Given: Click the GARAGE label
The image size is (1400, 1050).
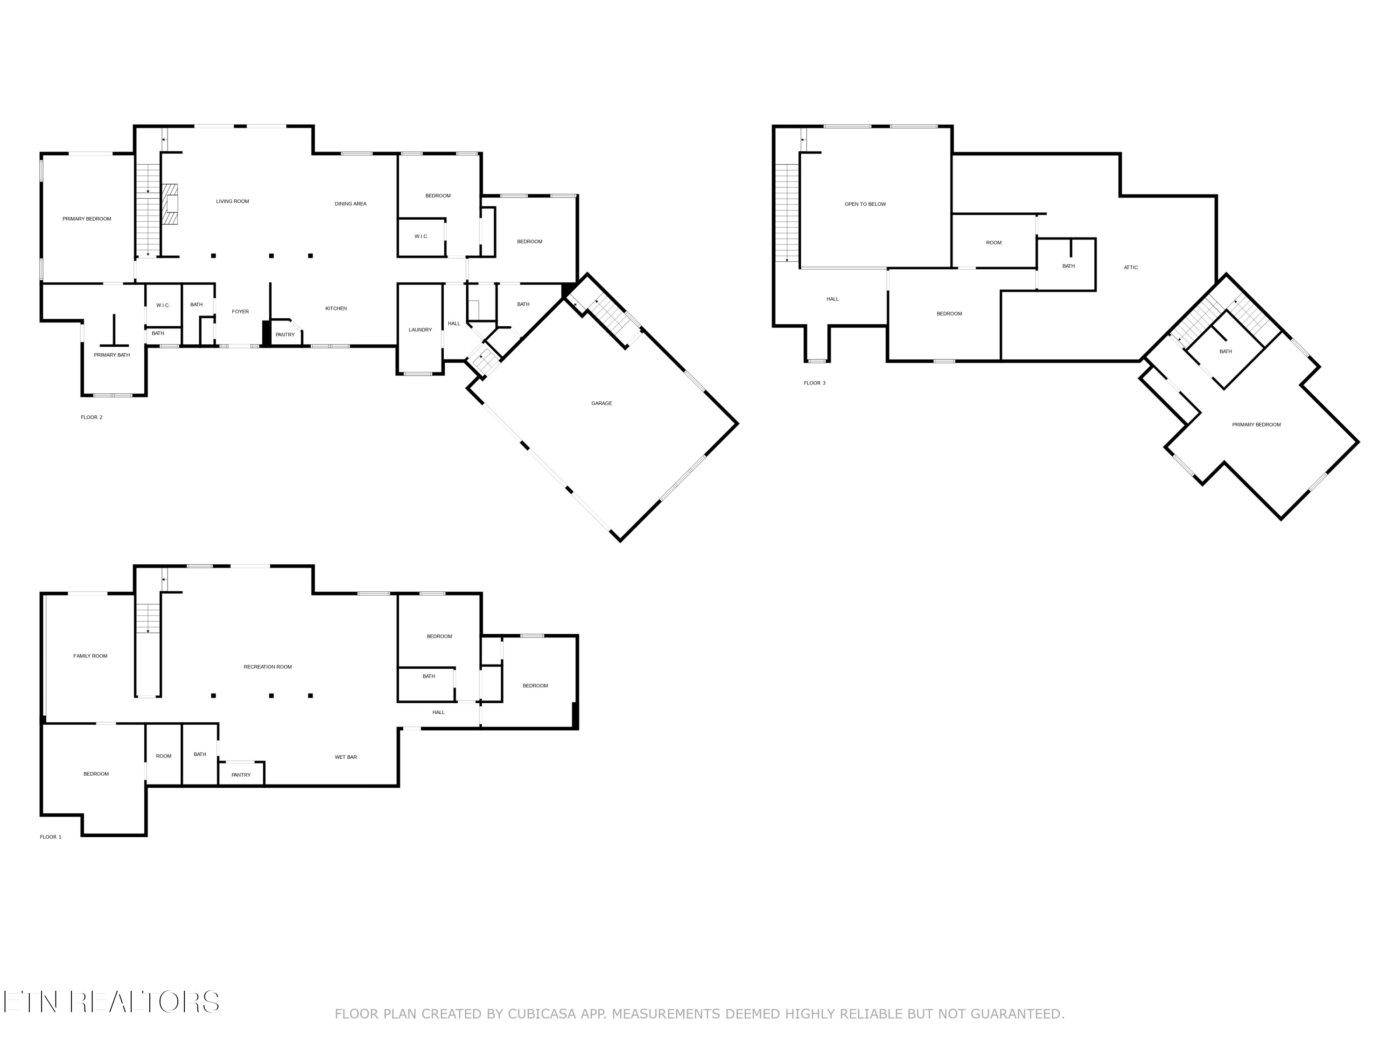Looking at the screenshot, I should [601, 403].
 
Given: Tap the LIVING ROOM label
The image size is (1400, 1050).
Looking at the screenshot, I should [232, 201].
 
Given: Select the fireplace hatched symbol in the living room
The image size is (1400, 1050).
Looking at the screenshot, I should [169, 204].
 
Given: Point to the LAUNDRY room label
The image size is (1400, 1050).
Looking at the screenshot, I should [420, 330].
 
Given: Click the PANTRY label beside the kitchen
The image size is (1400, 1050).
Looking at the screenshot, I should [285, 335].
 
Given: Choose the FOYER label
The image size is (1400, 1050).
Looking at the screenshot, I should [240, 311].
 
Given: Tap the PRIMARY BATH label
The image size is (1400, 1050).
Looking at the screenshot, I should [112, 355].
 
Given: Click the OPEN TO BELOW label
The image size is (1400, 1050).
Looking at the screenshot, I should [865, 204].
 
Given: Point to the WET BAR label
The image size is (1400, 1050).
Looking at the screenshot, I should [346, 757].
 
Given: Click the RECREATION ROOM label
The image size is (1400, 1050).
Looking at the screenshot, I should [268, 666].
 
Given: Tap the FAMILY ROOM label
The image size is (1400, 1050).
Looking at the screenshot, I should [90, 656].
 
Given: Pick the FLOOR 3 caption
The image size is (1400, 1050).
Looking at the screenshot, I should [814, 383].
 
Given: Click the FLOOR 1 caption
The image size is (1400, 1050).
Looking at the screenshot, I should [50, 837].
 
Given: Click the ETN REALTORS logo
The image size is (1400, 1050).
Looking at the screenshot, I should [111, 1002].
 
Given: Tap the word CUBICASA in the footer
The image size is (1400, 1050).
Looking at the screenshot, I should [541, 1014].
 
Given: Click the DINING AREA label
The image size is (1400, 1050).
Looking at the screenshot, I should [350, 204].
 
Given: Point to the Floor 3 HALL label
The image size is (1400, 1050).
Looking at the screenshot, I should [832, 299].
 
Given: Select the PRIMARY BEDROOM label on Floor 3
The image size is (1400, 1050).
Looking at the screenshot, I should [1256, 425].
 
